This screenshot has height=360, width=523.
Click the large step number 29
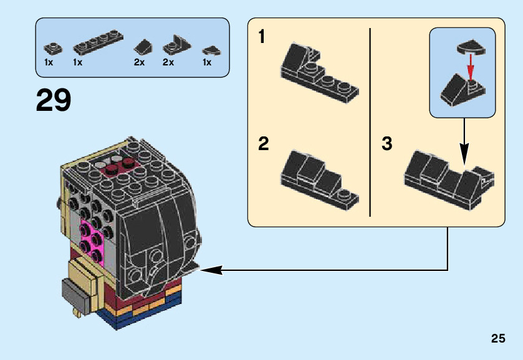coord(54,100)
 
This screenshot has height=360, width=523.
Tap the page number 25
coord(497,339)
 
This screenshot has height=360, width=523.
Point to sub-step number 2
coord(264,144)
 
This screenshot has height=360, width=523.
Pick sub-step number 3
coord(386,144)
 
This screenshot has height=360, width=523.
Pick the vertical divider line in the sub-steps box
coord(370,121)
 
